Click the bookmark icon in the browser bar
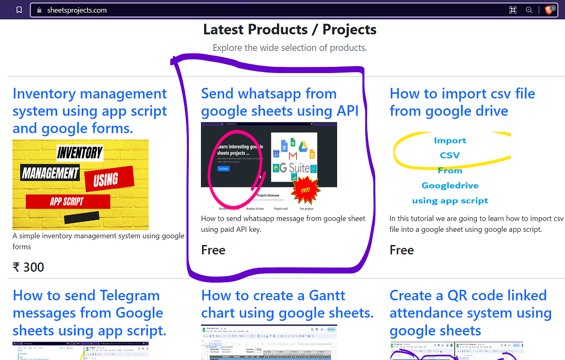(19, 10)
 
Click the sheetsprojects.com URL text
(77, 10)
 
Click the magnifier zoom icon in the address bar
(529, 10)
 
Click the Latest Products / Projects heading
(290, 30)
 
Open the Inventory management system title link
(89, 111)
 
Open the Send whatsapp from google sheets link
(280, 102)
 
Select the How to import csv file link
(462, 102)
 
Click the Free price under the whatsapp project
(213, 250)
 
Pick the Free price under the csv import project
(402, 250)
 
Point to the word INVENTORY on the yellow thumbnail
(80, 153)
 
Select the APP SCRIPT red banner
(67, 202)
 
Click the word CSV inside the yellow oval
(450, 155)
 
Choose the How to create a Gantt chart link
(287, 304)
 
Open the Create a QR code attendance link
(470, 313)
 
